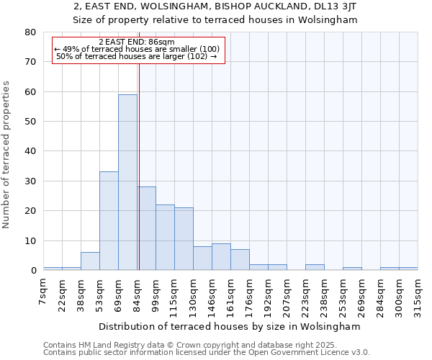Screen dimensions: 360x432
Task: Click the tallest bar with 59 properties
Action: [x=127, y=182]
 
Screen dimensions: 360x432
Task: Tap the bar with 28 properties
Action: [x=146, y=228]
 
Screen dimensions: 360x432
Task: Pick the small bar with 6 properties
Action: [x=90, y=261]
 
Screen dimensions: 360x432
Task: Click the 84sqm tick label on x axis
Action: [x=137, y=292]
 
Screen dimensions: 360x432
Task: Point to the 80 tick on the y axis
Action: [x=30, y=32]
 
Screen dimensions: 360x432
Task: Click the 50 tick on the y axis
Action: [x=30, y=122]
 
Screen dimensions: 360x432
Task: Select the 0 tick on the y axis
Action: [x=32, y=271]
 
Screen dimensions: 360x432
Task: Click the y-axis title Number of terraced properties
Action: [x=7, y=154]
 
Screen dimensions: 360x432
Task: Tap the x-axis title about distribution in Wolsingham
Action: [x=230, y=326]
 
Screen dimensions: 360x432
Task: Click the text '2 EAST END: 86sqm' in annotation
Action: [x=136, y=42]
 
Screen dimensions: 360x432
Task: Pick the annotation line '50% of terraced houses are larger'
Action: [x=136, y=56]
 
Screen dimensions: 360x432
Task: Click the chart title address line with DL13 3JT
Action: [x=215, y=6]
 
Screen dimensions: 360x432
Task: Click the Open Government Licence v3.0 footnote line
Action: [x=206, y=352]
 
